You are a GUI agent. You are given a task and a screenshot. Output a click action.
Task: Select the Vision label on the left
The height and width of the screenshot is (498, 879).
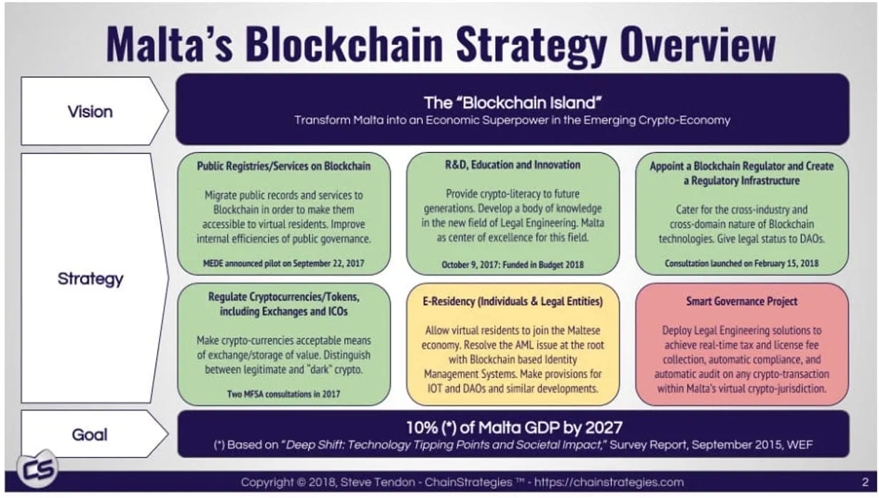(x=90, y=111)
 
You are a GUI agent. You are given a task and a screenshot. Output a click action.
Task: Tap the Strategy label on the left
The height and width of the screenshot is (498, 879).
(x=90, y=278)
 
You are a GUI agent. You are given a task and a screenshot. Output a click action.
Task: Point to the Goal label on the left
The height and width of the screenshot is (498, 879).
(x=90, y=434)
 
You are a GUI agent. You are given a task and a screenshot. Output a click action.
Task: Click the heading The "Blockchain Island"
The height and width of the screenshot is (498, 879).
(x=512, y=101)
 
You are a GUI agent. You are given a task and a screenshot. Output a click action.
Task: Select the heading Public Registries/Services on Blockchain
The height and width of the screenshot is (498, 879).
(x=283, y=166)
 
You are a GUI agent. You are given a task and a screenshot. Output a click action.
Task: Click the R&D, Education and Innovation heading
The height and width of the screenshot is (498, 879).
(x=513, y=165)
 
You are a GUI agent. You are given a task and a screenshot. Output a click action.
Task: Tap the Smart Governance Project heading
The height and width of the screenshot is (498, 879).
(x=742, y=301)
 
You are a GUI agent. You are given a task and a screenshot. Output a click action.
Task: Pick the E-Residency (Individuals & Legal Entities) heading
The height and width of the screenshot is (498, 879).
(x=513, y=301)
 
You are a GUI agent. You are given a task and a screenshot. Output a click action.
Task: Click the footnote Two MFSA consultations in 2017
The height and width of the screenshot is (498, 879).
(x=283, y=393)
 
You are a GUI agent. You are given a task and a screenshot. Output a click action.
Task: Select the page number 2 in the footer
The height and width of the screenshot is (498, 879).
(x=865, y=482)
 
